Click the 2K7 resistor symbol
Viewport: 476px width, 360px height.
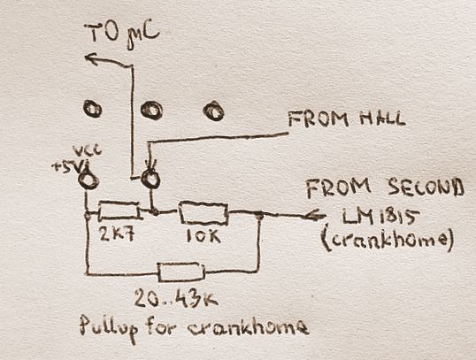pos(119,210)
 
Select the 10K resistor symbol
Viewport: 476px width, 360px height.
pos(203,213)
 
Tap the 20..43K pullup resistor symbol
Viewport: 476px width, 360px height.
pos(181,272)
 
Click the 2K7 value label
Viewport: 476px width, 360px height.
pos(117,234)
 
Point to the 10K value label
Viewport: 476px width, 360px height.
pos(203,235)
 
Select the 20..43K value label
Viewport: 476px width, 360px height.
pos(176,298)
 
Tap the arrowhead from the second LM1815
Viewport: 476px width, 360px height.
pos(314,216)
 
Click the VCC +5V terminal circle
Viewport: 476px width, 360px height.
pos(88,180)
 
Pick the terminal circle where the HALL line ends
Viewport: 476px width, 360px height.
pos(150,179)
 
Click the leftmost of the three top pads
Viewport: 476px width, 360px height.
pos(92,109)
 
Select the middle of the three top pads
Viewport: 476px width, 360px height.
pos(151,111)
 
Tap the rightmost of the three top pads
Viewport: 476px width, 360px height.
pos(214,111)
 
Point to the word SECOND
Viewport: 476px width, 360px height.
pos(426,187)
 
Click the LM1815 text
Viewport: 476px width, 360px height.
pos(380,217)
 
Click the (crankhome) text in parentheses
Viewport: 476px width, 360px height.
pos(388,240)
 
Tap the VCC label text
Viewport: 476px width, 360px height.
pos(87,151)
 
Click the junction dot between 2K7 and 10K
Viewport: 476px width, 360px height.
pos(155,211)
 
